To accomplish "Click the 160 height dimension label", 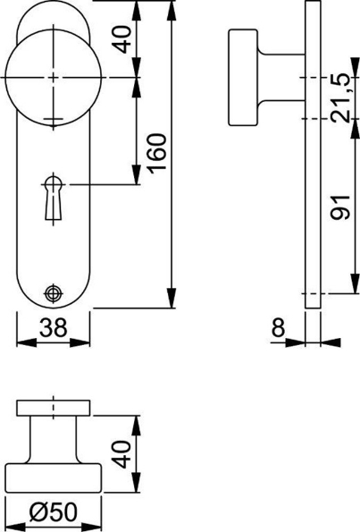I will point(156,154).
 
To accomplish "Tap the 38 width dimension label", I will point(54,329).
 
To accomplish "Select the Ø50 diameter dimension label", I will point(54,514).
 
